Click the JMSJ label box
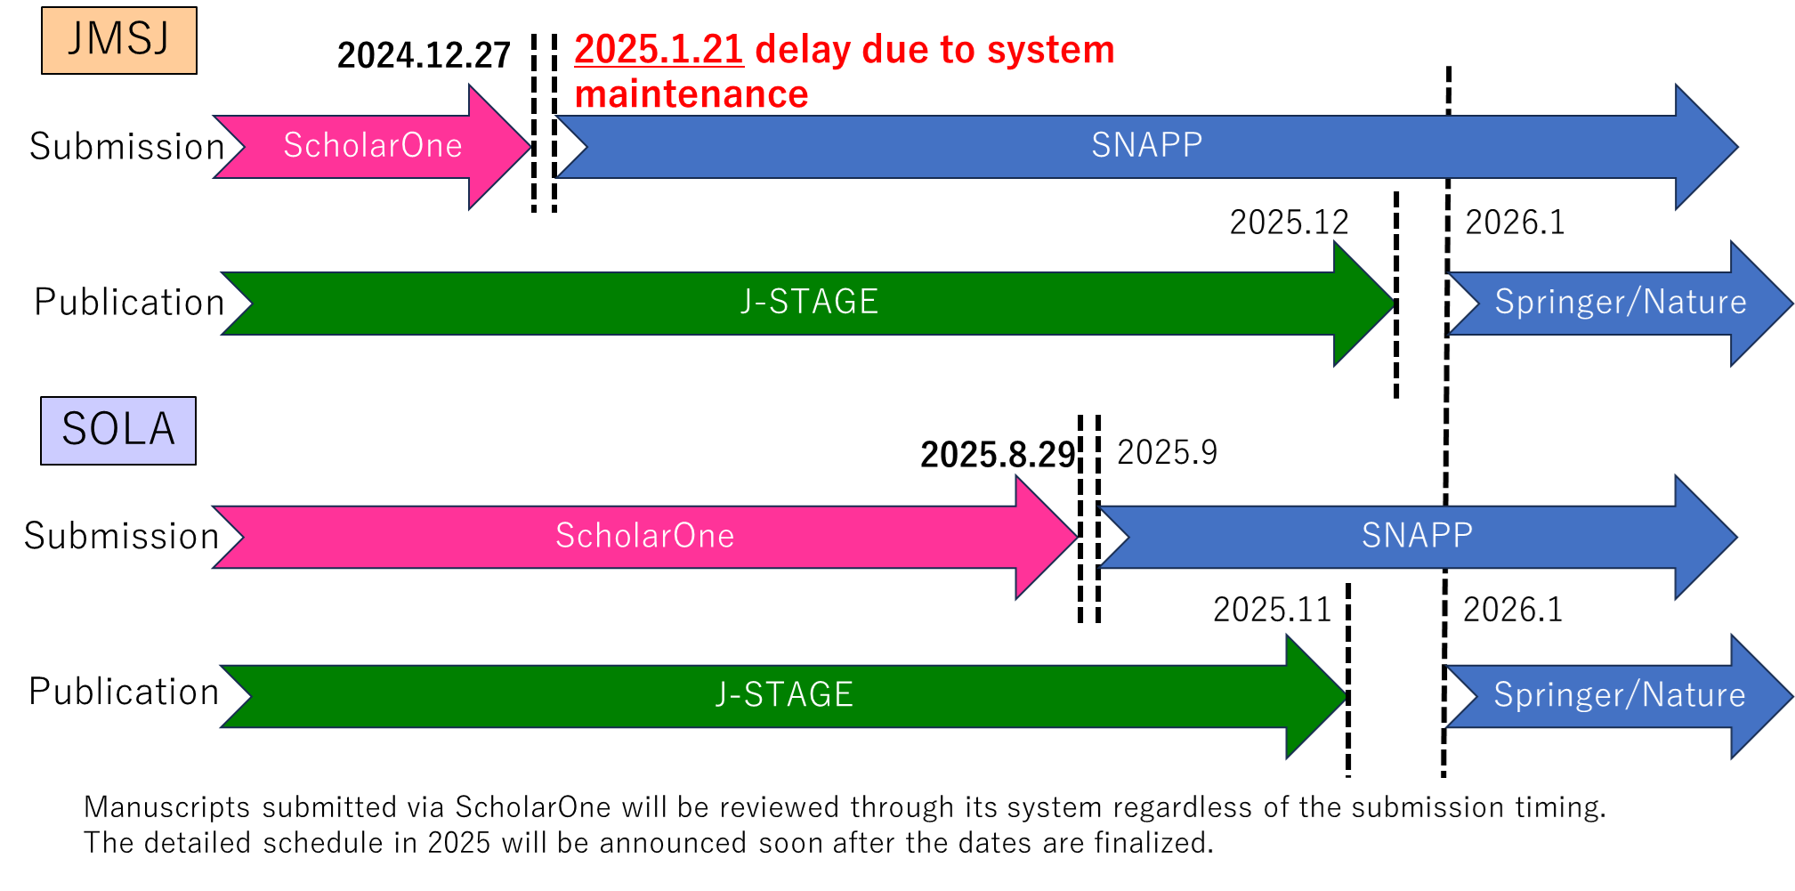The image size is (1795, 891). (x=119, y=40)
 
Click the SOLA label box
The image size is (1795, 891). (x=118, y=431)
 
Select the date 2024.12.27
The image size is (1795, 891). (x=424, y=55)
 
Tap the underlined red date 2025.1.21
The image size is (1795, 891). (x=659, y=49)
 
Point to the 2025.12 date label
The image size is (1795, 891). (x=1289, y=223)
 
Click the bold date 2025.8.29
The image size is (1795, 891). (x=998, y=455)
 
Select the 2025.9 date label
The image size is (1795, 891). (x=1167, y=452)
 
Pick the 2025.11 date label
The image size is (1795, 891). (x=1272, y=610)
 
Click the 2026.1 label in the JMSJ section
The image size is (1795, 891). (x=1515, y=223)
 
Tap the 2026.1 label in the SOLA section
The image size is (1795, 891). (x=1513, y=610)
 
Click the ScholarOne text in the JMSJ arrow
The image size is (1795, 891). (x=373, y=145)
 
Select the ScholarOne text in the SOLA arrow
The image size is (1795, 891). (x=645, y=535)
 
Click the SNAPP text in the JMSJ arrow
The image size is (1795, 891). (x=1147, y=144)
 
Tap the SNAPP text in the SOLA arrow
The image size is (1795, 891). (x=1418, y=535)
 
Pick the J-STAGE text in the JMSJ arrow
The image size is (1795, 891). (x=810, y=302)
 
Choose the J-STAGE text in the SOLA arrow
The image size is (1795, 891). (x=785, y=694)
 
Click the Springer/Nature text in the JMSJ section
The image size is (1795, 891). (x=1621, y=302)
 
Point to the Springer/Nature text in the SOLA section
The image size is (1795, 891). (x=1620, y=694)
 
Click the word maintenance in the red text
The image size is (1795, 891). (x=691, y=94)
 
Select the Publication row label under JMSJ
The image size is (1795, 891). (x=129, y=303)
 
